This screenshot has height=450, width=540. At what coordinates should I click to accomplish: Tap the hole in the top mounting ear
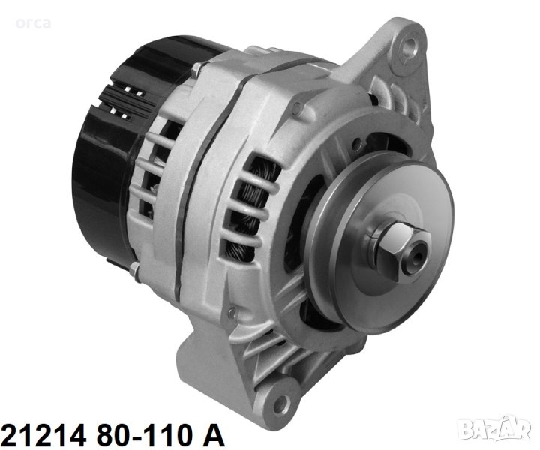[x=409, y=44]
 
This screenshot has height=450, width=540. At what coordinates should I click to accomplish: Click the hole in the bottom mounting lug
[x=280, y=400]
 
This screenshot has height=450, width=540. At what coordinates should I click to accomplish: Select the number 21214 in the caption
[x=43, y=435]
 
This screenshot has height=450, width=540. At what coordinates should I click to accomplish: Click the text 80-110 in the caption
[x=144, y=435]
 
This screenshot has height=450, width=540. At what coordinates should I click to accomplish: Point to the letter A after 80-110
[x=212, y=435]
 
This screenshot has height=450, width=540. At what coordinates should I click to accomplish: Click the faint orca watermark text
[x=34, y=23]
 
